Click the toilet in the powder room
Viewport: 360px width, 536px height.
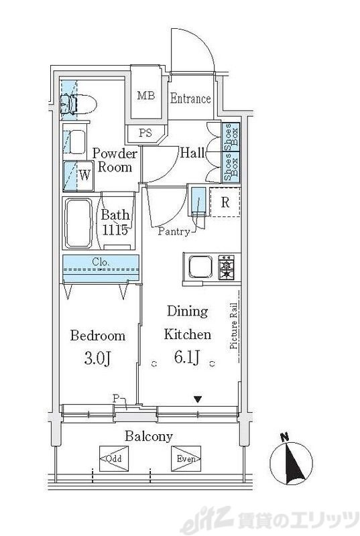pyautogui.click(x=78, y=105)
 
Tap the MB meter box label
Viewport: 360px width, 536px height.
pyautogui.click(x=146, y=95)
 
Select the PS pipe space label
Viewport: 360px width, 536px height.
pyautogui.click(x=145, y=133)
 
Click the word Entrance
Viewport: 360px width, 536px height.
pyautogui.click(x=190, y=98)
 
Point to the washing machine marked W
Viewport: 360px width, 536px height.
pyautogui.click(x=78, y=176)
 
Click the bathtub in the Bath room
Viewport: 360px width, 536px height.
pyautogui.click(x=78, y=223)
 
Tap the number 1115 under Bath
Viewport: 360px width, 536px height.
pyautogui.click(x=115, y=230)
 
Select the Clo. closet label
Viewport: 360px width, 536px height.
pyautogui.click(x=101, y=263)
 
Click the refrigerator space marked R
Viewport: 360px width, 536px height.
pyautogui.click(x=225, y=202)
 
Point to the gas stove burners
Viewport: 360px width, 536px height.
pyautogui.click(x=227, y=267)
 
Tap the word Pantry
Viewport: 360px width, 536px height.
pyautogui.click(x=174, y=232)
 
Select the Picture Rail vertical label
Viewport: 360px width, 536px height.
pyautogui.click(x=234, y=326)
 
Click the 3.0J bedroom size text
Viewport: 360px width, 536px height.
pyautogui.click(x=97, y=359)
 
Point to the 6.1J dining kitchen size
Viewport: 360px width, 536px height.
pyautogui.click(x=186, y=358)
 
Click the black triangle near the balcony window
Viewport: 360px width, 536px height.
pyautogui.click(x=197, y=399)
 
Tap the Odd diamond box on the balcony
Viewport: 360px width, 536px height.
pyautogui.click(x=114, y=458)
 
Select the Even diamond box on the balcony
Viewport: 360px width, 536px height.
pyautogui.click(x=186, y=458)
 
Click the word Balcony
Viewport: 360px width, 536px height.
pyautogui.click(x=149, y=437)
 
